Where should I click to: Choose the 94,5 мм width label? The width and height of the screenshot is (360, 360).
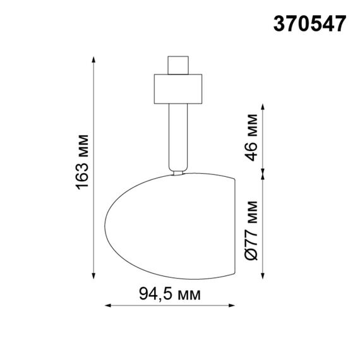coord(169,295)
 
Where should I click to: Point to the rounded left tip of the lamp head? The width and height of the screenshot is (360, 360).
coord(105,225)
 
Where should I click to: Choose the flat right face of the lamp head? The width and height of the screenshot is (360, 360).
coord(234,225)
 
